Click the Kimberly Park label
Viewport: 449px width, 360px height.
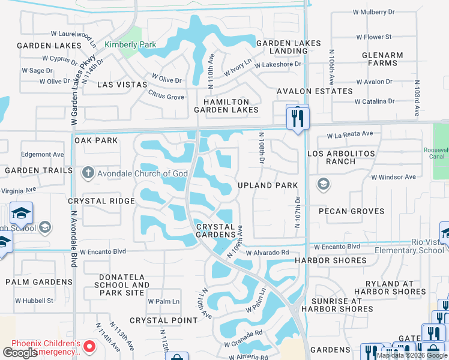pyautogui.click(x=130, y=44)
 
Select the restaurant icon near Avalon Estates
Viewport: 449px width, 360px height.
pyautogui.click(x=297, y=117)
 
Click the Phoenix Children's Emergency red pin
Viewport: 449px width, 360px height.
pyautogui.click(x=89, y=346)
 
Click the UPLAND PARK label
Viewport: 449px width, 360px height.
pyautogui.click(x=268, y=185)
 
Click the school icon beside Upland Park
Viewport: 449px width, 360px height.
pyautogui.click(x=324, y=184)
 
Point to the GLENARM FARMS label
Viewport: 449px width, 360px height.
pyautogui.click(x=382, y=59)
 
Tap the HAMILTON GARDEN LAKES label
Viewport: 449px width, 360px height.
pyautogui.click(x=226, y=106)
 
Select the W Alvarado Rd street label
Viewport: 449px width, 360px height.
pyautogui.click(x=267, y=253)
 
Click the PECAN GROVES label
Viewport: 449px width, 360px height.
pyautogui.click(x=352, y=211)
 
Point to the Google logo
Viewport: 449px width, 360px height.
pyautogui.click(x=20, y=352)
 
